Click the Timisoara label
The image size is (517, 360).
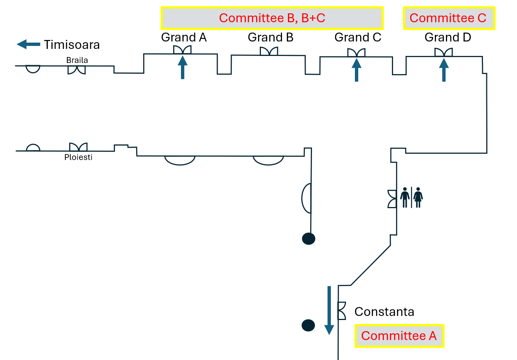point(72,45)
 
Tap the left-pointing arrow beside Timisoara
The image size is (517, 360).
point(28,44)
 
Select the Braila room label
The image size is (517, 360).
point(77,60)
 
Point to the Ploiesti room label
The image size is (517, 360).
point(78,157)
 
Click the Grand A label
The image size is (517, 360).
point(184,37)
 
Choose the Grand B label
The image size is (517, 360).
point(271,37)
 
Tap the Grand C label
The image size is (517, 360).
point(357,37)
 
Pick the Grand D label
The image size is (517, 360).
point(447,37)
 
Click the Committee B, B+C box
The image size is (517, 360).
point(272,18)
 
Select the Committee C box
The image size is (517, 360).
point(449,18)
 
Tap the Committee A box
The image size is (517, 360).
point(399,336)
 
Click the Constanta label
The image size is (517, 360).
point(384,312)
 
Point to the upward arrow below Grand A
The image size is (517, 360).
point(182,67)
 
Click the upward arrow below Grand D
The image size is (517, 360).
point(444,70)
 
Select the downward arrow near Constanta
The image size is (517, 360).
point(329,310)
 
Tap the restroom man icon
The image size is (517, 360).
point(405,197)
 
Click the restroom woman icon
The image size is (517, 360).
point(418,197)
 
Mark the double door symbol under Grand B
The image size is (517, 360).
point(269,51)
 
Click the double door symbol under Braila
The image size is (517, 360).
point(77,70)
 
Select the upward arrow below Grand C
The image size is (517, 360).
point(356,70)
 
